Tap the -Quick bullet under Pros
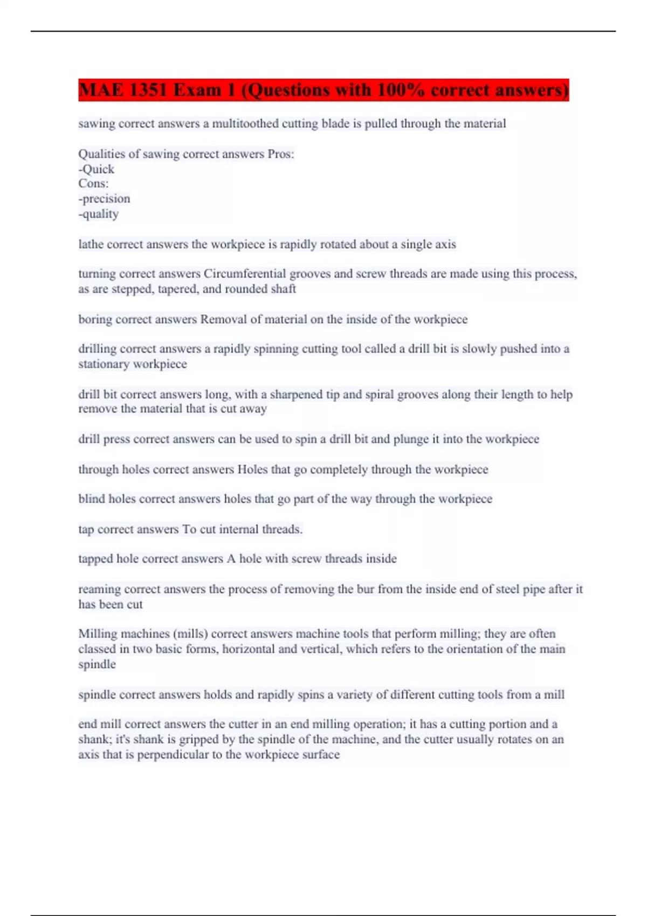click(97, 169)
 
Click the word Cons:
click(93, 184)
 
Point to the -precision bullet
click(104, 199)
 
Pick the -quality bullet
click(99, 214)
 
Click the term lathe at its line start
click(91, 245)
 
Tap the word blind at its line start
click(92, 499)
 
